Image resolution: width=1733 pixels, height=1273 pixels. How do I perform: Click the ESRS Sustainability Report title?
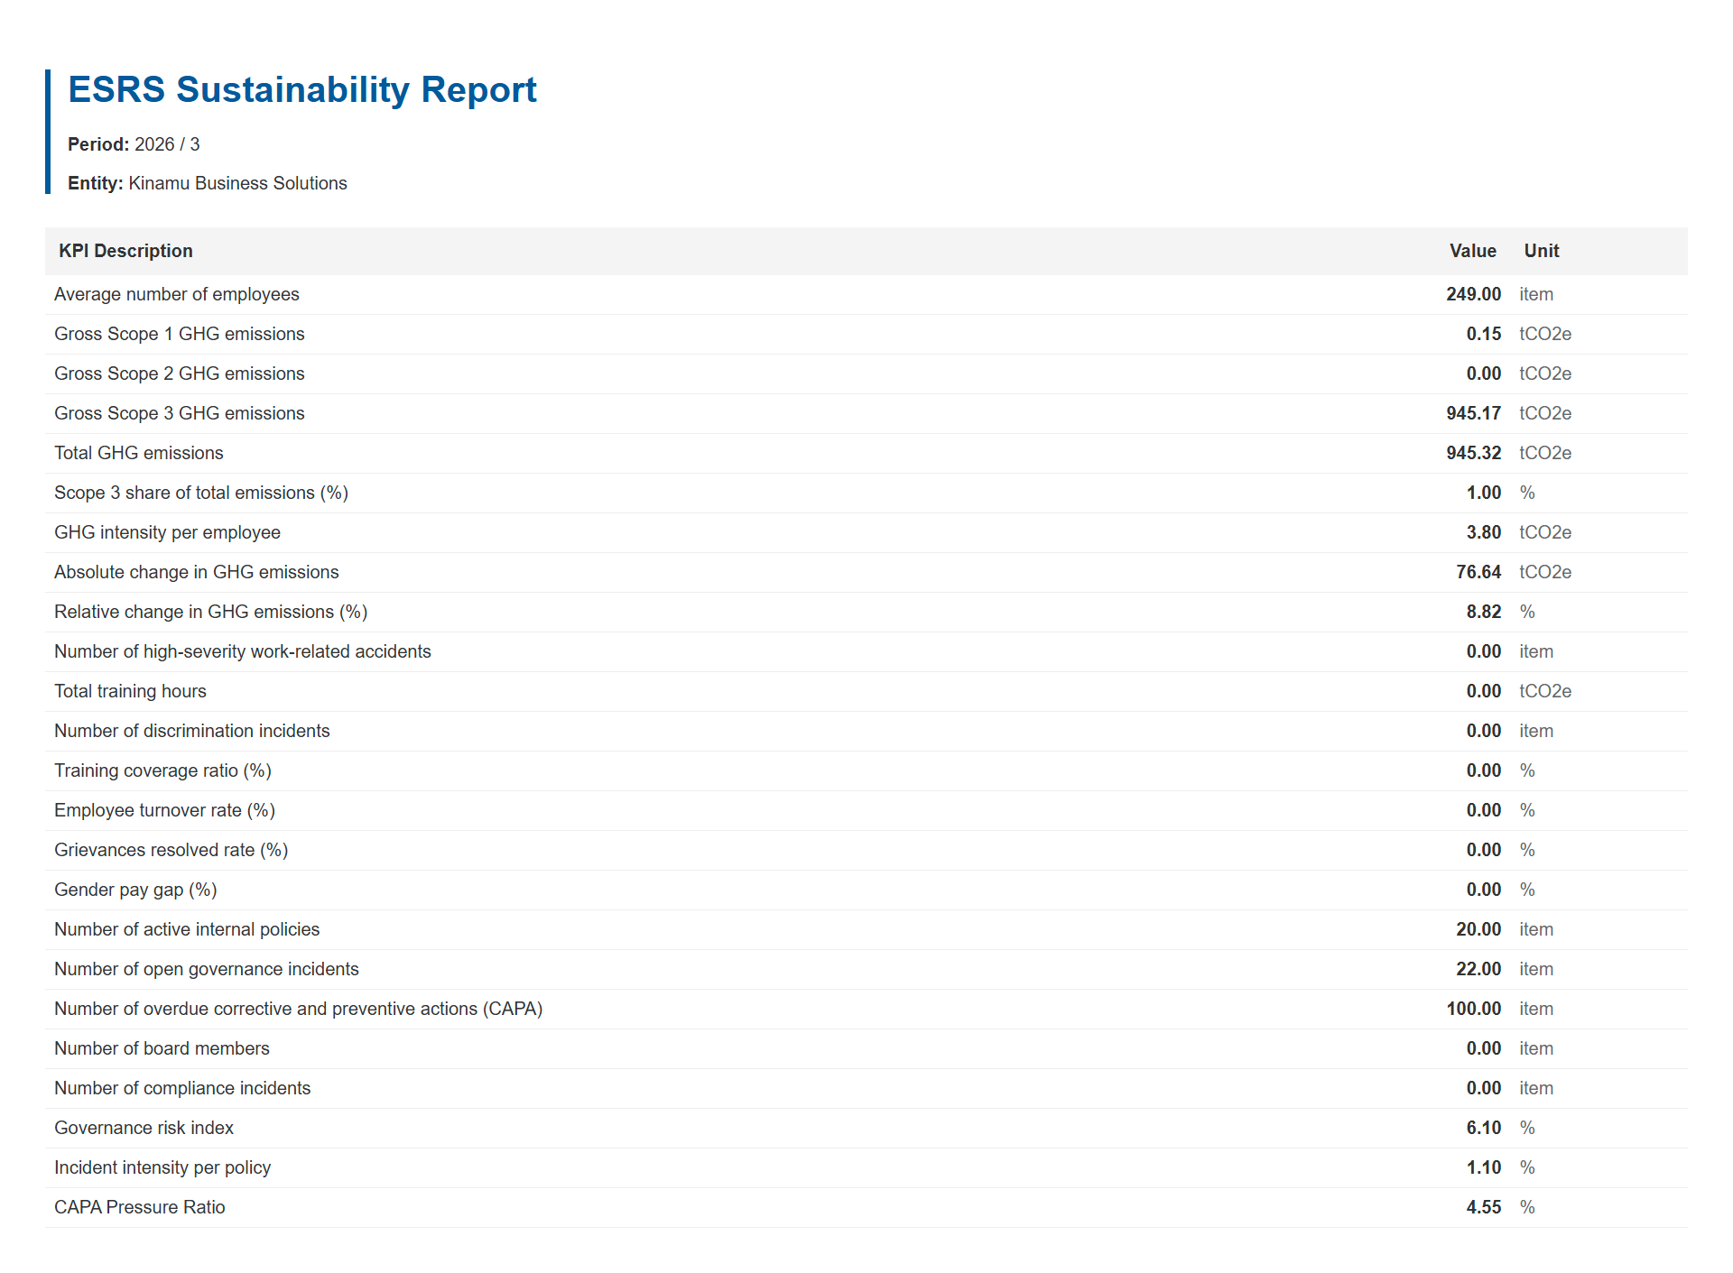click(x=302, y=90)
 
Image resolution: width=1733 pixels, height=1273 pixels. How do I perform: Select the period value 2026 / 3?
click(x=167, y=144)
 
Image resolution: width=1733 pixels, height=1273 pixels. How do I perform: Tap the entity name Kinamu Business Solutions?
click(x=237, y=183)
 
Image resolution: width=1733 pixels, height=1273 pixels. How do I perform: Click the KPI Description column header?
click(x=125, y=251)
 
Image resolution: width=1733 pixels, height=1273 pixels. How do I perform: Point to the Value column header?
click(x=1473, y=251)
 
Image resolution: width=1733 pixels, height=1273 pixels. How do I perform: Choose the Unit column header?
click(x=1542, y=251)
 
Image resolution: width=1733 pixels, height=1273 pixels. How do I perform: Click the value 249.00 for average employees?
click(x=1474, y=294)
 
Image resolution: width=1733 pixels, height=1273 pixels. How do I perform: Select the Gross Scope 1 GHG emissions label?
click(x=180, y=334)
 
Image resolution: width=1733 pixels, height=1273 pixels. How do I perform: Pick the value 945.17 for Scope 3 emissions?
click(x=1474, y=413)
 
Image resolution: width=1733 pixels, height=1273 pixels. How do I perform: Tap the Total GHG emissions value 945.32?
click(x=1474, y=453)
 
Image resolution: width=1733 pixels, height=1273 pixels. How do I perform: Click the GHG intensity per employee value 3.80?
click(x=1484, y=532)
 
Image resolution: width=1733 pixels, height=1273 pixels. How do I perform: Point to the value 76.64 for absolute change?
click(x=1478, y=572)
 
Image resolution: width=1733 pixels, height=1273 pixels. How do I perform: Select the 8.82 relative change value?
click(x=1484, y=612)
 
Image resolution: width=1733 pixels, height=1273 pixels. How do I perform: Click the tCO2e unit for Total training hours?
click(x=1545, y=691)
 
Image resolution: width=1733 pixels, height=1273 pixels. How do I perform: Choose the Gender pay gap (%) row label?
click(x=135, y=890)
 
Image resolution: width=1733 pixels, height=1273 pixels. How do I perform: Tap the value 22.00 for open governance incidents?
click(x=1478, y=969)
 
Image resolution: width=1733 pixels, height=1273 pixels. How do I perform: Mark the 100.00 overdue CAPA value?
click(x=1474, y=1009)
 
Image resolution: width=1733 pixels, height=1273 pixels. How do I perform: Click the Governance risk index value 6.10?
click(x=1484, y=1128)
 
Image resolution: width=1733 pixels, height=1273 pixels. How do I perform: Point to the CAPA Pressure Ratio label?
click(x=140, y=1207)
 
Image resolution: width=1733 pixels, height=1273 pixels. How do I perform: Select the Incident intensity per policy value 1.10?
click(x=1484, y=1167)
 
